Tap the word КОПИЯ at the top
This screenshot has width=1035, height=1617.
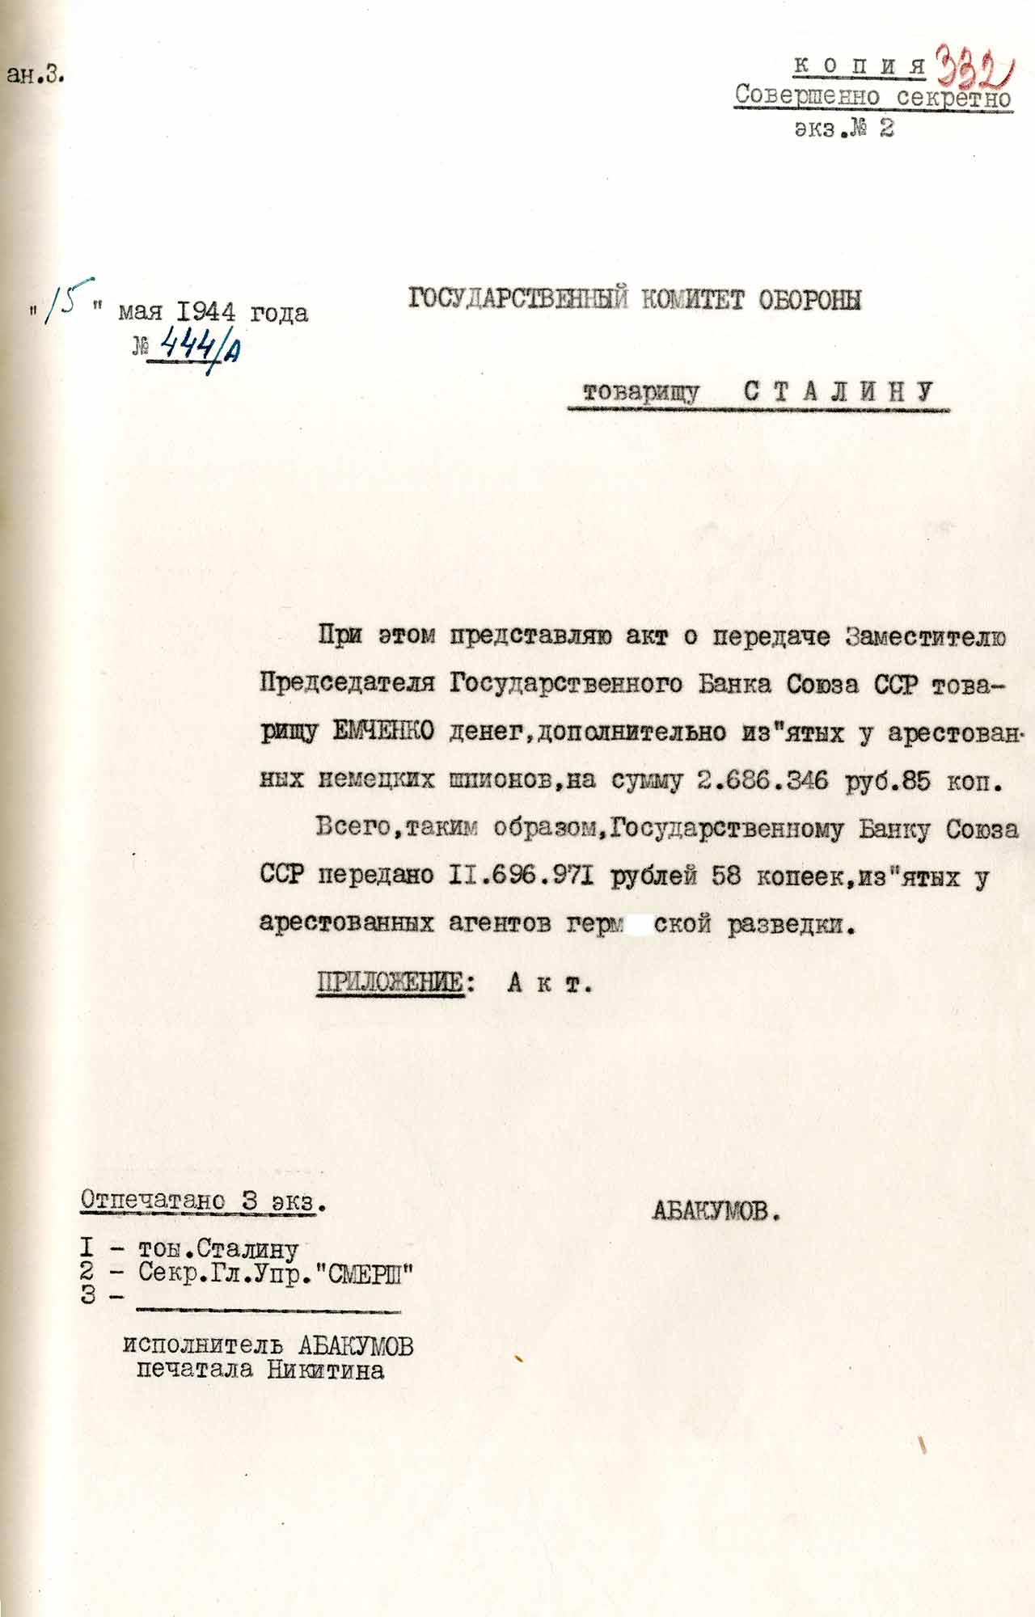click(x=860, y=65)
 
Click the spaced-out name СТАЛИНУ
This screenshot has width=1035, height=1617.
click(x=839, y=392)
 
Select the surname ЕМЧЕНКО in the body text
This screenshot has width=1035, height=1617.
click(x=383, y=732)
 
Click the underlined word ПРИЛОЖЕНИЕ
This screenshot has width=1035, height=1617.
click(x=390, y=984)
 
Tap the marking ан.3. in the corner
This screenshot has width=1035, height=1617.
click(x=36, y=75)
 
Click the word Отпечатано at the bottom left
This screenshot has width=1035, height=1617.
click(x=153, y=1200)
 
